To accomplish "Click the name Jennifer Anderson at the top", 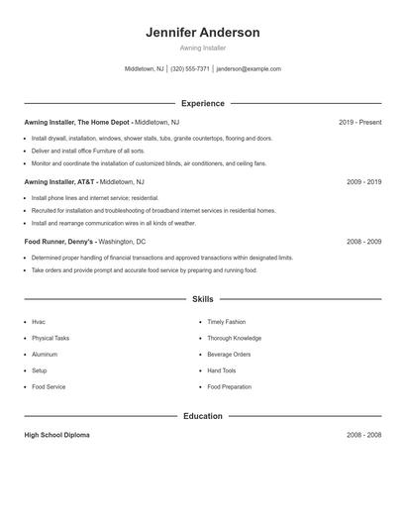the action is (203, 33).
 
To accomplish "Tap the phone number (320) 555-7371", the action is (190, 69).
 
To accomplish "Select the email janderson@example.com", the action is (249, 69).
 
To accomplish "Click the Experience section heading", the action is (203, 103).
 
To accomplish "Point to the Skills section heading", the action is (203, 298).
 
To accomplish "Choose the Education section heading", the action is (203, 416).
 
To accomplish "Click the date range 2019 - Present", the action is (359, 123).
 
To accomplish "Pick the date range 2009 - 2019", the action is (363, 182).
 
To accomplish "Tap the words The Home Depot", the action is (104, 123).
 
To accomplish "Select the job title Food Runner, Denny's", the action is (59, 242).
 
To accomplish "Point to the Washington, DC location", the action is (122, 242).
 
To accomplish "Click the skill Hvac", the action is (39, 322).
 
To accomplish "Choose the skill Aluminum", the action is (45, 354).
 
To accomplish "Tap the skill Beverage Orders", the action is (229, 354).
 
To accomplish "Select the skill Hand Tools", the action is (222, 370).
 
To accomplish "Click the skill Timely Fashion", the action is (227, 322).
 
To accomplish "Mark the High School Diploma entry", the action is (56, 435).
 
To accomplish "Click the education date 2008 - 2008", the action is (363, 435).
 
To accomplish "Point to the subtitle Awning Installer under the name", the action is (203, 48).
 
